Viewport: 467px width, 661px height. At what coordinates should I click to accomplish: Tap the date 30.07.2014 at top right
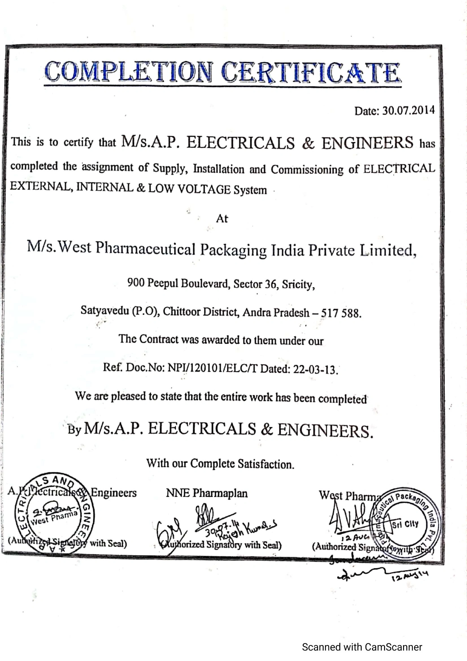[408, 110]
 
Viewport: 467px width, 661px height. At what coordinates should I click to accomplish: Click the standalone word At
[222, 219]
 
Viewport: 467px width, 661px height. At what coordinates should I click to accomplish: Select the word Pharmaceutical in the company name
[145, 248]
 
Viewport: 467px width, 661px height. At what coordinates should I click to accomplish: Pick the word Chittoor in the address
[182, 311]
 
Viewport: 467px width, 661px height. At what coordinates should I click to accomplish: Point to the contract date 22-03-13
[314, 369]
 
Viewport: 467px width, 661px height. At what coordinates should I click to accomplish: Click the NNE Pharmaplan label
[207, 493]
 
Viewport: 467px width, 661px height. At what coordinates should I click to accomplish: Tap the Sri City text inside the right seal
[405, 524]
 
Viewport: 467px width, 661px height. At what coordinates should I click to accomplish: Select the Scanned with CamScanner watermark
[362, 647]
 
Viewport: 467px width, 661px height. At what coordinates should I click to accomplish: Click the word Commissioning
[307, 170]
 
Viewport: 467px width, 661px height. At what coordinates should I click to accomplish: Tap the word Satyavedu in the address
[105, 310]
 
